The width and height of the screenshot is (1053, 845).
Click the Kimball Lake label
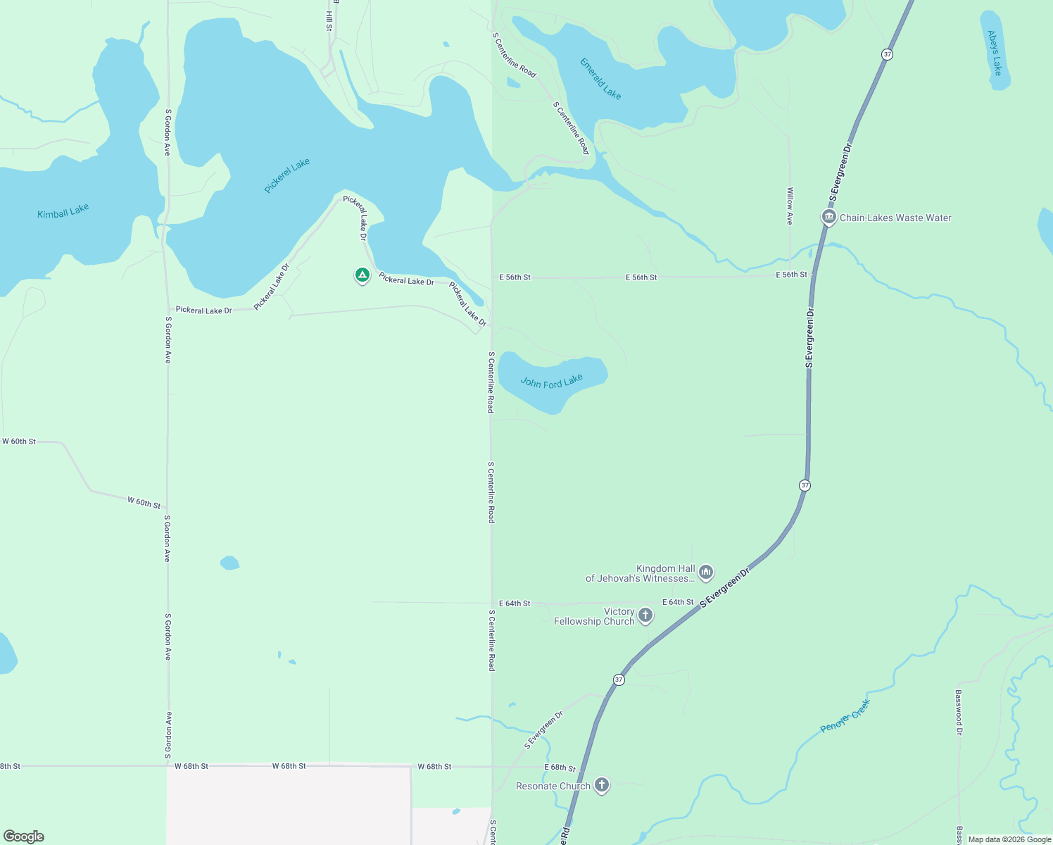pyautogui.click(x=63, y=211)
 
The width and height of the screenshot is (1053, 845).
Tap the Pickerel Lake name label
pyautogui.click(x=287, y=175)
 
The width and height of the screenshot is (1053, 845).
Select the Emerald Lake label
pyautogui.click(x=600, y=78)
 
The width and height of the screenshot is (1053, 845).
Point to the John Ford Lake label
pyautogui.click(x=551, y=382)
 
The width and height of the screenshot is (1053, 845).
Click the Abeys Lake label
pyautogui.click(x=994, y=53)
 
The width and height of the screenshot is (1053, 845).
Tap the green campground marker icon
pyautogui.click(x=362, y=275)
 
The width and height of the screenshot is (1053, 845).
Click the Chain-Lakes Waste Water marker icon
pyautogui.click(x=829, y=217)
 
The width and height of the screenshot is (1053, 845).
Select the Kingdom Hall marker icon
pyautogui.click(x=706, y=572)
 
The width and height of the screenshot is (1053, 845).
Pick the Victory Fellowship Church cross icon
pyautogui.click(x=645, y=615)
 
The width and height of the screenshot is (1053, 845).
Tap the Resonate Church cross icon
pyautogui.click(x=601, y=784)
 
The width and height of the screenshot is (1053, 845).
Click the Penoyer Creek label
pyautogui.click(x=845, y=716)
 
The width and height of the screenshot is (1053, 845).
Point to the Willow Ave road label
pyautogui.click(x=790, y=206)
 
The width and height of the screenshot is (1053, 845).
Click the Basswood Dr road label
pyautogui.click(x=958, y=712)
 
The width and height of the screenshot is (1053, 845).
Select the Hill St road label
pyautogui.click(x=329, y=20)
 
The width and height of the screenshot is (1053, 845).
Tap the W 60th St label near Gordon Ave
pyautogui.click(x=144, y=502)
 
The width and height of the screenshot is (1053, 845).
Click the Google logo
pyautogui.click(x=23, y=837)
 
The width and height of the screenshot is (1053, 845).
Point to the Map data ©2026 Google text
pyautogui.click(x=1009, y=839)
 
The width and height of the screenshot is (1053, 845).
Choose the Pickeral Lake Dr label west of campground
pyautogui.click(x=203, y=310)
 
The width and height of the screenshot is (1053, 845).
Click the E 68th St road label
pyautogui.click(x=560, y=768)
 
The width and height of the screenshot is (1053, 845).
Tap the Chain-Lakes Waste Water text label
pyautogui.click(x=895, y=218)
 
